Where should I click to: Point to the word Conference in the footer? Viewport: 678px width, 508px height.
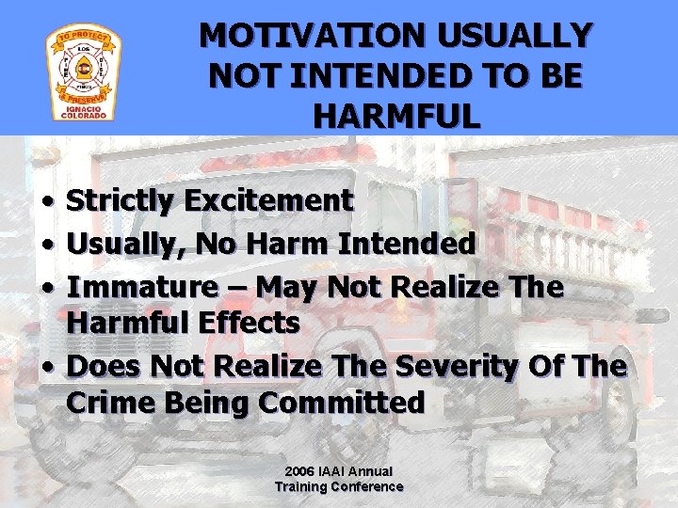pyautogui.click(x=364, y=486)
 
